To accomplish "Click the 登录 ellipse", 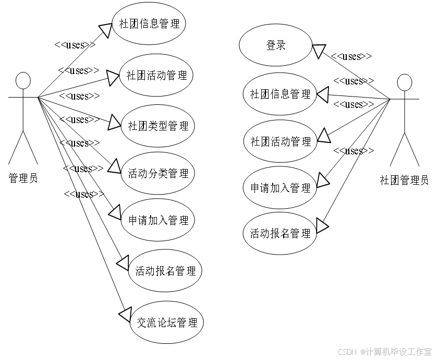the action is (x=276, y=46).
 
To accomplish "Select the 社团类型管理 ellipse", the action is (x=157, y=126).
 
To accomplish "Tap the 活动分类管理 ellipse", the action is (x=157, y=173).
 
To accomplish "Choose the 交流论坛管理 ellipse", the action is (x=166, y=323).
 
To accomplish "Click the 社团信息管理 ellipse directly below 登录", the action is (x=280, y=94).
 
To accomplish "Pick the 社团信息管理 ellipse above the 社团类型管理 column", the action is (x=149, y=24).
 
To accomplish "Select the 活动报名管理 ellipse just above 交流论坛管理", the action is (x=165, y=271).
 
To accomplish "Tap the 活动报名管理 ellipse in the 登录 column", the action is (x=280, y=233).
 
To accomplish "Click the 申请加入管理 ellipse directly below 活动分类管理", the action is (x=158, y=220).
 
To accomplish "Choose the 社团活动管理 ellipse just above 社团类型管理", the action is (x=156, y=75).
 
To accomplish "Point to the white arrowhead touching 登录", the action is (x=319, y=51).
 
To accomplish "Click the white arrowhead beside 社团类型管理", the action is (x=114, y=123).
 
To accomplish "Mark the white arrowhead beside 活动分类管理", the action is (x=114, y=167).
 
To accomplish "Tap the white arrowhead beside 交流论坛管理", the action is (x=125, y=314).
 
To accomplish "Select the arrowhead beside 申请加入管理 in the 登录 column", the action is (x=322, y=181).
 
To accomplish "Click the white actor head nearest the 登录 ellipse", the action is (x=404, y=82).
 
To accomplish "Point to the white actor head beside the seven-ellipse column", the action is (x=23, y=80).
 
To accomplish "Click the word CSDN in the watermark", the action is (x=346, y=351).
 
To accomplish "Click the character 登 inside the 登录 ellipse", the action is (x=271, y=46).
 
